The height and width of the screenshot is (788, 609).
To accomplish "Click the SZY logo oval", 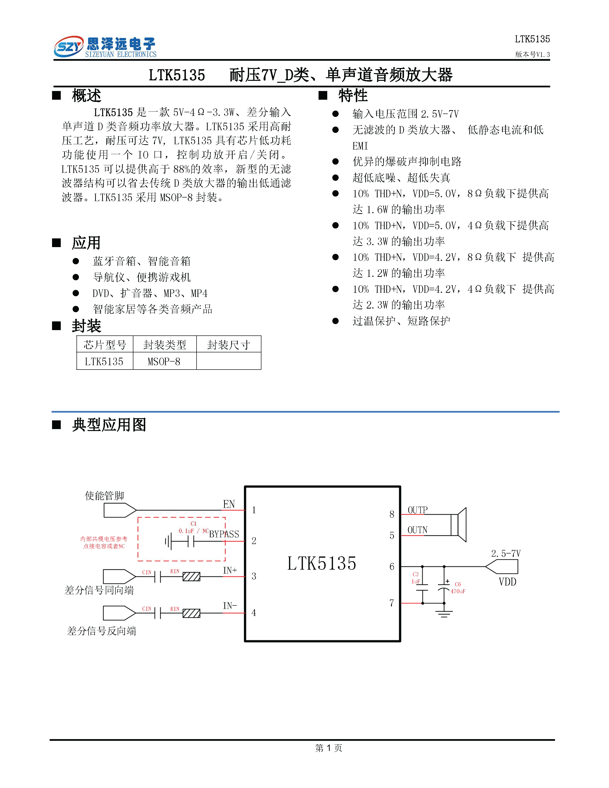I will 69,46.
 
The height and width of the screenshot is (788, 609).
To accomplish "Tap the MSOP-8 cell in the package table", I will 164,362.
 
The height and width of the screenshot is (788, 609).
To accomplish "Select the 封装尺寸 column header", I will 229,345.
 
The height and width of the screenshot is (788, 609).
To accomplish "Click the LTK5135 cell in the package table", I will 104,362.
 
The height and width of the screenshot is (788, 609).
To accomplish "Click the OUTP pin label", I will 418,510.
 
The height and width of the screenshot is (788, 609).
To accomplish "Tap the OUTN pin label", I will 418,530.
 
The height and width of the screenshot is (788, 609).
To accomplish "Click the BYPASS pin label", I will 224,534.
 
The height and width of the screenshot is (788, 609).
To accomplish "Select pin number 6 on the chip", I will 392,567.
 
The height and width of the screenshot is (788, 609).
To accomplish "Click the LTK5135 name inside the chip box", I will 321,563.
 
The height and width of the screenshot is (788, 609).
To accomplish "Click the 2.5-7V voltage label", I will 506,553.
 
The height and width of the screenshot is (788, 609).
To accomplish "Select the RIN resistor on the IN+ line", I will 191,576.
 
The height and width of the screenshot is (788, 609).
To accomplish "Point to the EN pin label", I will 229,504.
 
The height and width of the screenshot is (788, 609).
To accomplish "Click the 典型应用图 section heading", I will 109,425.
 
